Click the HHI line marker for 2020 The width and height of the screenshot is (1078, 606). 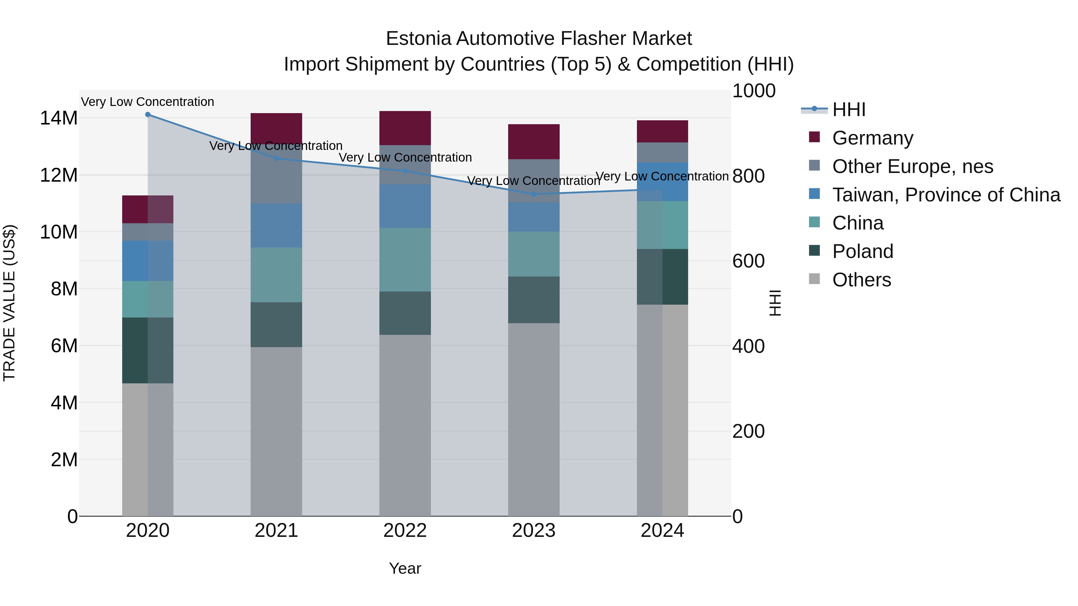[x=148, y=115]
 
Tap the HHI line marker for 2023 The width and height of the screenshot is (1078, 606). [x=534, y=194]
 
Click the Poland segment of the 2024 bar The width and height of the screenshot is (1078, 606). [x=662, y=277]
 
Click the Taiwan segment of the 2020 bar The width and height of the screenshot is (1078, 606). [x=148, y=261]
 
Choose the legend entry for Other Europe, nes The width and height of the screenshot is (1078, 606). [x=912, y=166]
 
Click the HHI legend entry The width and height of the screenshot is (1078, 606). [x=849, y=110]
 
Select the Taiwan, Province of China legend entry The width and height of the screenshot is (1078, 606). [x=946, y=195]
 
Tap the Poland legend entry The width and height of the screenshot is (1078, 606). [x=862, y=251]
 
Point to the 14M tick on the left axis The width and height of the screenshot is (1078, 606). [x=59, y=118]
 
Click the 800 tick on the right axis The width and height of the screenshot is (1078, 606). [x=748, y=176]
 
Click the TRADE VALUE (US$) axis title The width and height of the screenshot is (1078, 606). [x=9, y=303]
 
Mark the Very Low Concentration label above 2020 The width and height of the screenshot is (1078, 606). [x=147, y=102]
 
